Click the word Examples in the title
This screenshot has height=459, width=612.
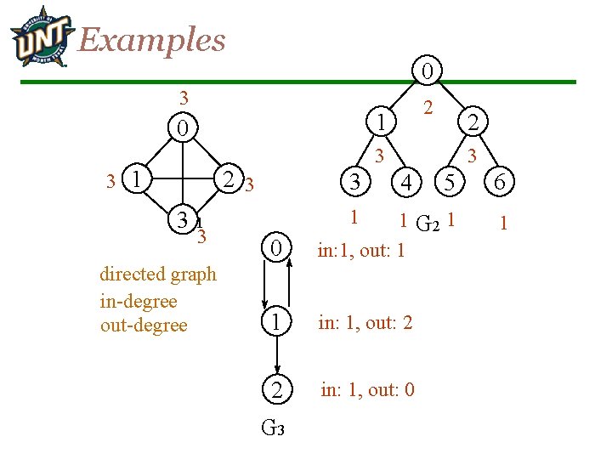152,39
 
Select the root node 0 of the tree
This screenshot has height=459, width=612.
430,70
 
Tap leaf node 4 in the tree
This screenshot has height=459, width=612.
407,182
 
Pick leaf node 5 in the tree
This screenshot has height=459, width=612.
450,181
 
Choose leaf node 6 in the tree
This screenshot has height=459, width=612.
499,181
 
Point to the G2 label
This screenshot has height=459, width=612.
428,224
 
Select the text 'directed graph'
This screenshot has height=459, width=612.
158,274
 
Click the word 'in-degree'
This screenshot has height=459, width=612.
139,301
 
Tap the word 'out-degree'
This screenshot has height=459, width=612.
144,326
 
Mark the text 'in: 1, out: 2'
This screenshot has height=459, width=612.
365,322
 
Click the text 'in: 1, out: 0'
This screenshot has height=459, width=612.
367,390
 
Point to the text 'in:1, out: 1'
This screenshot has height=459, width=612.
360,251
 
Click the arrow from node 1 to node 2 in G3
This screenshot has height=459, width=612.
277,355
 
